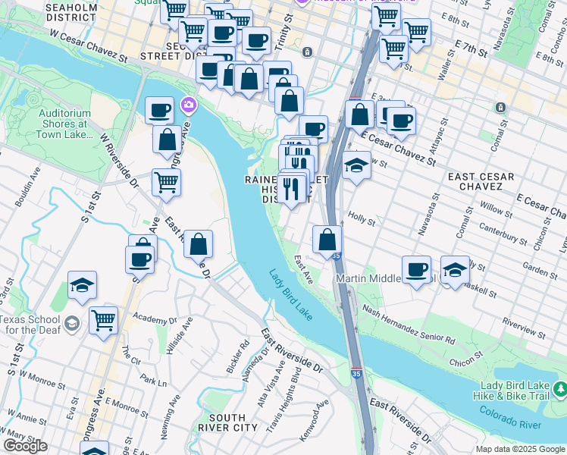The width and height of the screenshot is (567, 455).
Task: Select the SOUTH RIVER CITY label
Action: (x=227, y=422)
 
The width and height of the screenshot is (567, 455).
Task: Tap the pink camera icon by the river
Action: (x=188, y=105)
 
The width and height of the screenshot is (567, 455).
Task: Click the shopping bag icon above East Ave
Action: (x=327, y=240)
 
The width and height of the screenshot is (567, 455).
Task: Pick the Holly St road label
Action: (x=362, y=218)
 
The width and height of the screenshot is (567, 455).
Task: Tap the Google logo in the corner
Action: (x=25, y=446)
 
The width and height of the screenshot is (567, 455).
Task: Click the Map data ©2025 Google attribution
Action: (x=520, y=449)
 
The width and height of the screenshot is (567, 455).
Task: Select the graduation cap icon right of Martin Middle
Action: (x=454, y=270)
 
